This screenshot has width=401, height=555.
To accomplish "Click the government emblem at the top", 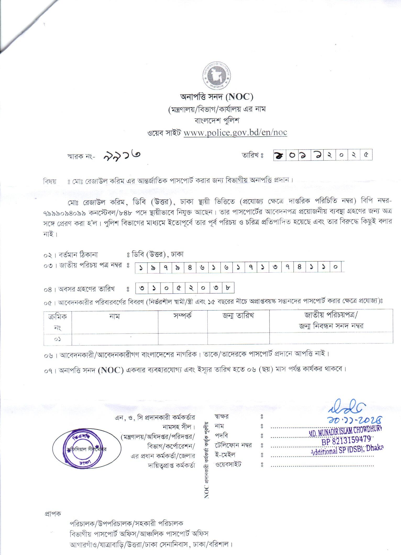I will [217, 76].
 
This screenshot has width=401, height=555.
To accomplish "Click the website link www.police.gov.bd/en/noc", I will [235, 133].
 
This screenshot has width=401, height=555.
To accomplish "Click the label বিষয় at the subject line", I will [50, 181].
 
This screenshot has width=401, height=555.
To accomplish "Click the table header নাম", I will [115, 316].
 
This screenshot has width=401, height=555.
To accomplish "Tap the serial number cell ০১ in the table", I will [58, 339].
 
